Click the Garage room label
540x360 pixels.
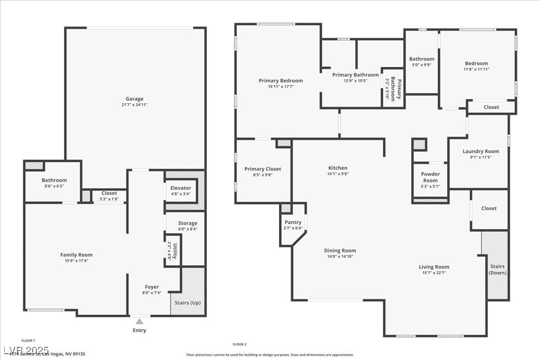point(134,99)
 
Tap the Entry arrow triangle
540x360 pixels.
point(139,321)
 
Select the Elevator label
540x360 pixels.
point(181,188)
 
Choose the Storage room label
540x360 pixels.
point(187,223)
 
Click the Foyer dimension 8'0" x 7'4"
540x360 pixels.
point(151,293)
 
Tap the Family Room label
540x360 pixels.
point(76,255)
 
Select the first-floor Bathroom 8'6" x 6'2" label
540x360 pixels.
point(54,180)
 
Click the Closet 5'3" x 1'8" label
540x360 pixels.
point(109,193)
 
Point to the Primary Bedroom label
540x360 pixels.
point(281,81)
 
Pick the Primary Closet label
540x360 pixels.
point(263,169)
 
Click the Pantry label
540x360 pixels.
point(293,222)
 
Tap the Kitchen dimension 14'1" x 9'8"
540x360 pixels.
point(338,174)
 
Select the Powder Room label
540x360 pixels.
point(430,177)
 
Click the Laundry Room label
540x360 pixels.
point(480,151)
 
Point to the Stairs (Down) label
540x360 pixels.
point(497,269)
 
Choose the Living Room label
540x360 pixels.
point(434,267)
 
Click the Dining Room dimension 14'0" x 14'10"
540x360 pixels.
point(340,257)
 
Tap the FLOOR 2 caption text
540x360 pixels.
point(240,344)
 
